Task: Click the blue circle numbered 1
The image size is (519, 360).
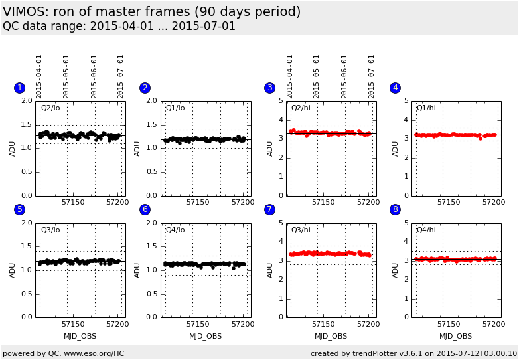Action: click(x=19, y=88)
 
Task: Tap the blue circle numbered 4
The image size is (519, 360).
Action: click(x=395, y=88)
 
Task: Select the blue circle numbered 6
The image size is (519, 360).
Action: click(x=145, y=209)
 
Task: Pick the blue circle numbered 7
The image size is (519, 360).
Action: click(x=269, y=209)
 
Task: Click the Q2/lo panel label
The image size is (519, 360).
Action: click(x=50, y=108)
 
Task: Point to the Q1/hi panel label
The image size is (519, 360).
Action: click(x=426, y=108)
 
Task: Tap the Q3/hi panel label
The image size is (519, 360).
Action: click(x=301, y=230)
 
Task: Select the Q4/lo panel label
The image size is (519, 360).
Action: click(x=175, y=230)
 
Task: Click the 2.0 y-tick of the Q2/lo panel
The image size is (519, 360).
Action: click(x=26, y=101)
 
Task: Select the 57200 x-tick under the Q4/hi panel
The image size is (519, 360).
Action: click(x=494, y=324)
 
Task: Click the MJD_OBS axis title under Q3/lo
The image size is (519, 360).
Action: click(x=80, y=336)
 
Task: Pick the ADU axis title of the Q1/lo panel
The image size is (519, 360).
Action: click(x=137, y=148)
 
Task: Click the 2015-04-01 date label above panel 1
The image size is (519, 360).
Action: click(x=39, y=76)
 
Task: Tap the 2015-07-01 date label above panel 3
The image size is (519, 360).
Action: click(x=372, y=76)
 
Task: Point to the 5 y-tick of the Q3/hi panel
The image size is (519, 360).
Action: click(x=281, y=223)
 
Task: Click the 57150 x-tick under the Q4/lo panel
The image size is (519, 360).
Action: click(x=198, y=324)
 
